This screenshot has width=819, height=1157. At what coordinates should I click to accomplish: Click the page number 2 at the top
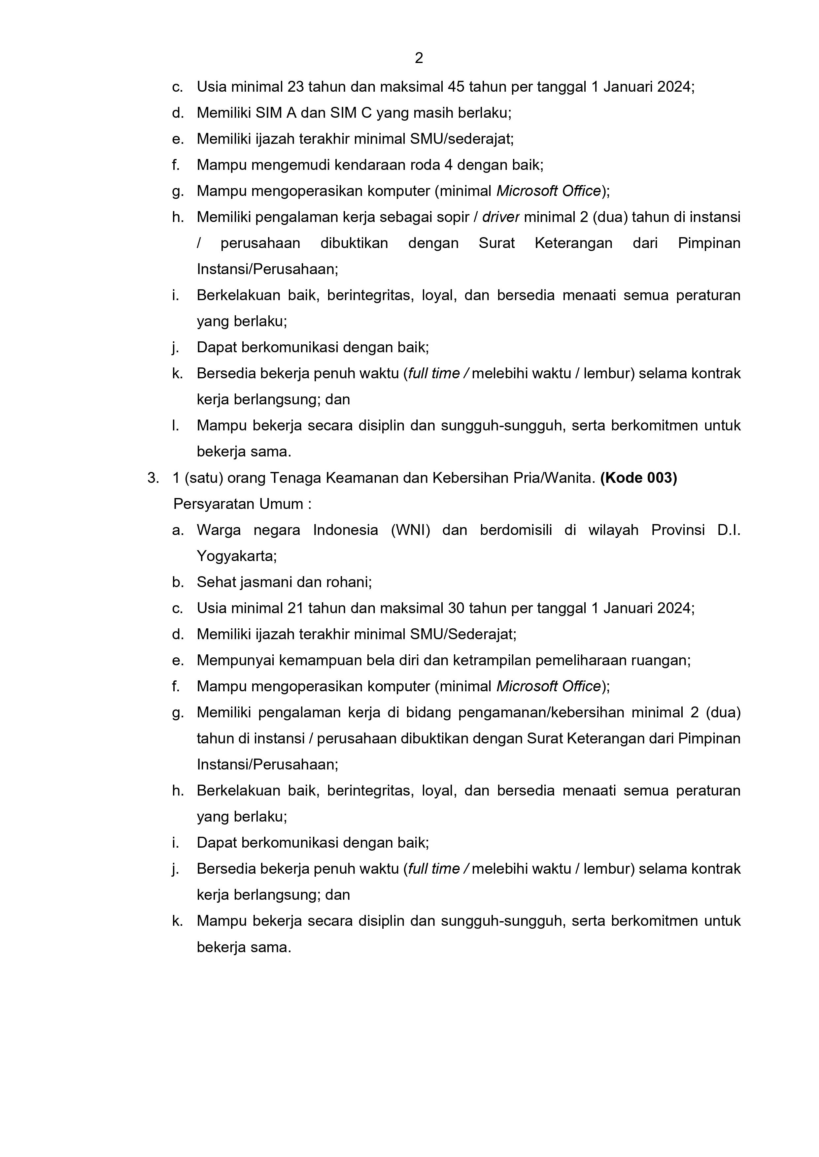(x=419, y=58)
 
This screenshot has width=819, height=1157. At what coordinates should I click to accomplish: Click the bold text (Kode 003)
(x=638, y=478)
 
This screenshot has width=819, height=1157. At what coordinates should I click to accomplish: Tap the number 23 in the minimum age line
(x=295, y=87)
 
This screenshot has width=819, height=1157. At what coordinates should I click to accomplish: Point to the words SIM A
(x=276, y=113)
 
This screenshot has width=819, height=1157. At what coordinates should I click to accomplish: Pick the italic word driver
(x=501, y=217)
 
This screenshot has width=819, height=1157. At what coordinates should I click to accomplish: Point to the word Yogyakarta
(x=236, y=556)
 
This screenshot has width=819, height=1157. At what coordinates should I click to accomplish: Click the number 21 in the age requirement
(x=295, y=608)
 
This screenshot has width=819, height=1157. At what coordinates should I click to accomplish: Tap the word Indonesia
(x=345, y=530)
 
